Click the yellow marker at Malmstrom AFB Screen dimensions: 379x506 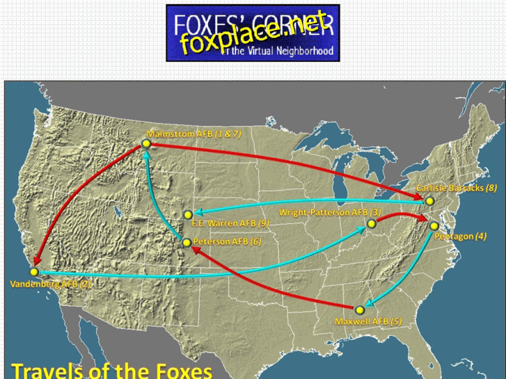click(146, 143)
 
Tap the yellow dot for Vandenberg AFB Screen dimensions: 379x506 click(34, 272)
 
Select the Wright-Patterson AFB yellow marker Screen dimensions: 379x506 click(372, 223)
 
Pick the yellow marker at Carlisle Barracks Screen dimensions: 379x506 click(429, 201)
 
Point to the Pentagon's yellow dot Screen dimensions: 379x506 click(434, 225)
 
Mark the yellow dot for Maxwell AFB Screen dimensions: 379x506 click(360, 309)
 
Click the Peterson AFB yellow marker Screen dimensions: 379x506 click(187, 243)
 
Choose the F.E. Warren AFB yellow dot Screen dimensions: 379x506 click(188, 214)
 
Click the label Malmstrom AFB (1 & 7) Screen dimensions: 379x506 click(194, 132)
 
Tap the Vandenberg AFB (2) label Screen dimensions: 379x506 click(50, 284)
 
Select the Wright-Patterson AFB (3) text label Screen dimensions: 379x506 click(329, 212)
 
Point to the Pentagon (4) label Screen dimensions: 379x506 click(460, 236)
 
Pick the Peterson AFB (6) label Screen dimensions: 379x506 click(228, 241)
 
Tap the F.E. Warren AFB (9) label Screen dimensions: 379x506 click(230, 224)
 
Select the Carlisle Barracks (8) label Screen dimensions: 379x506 click(456, 188)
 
